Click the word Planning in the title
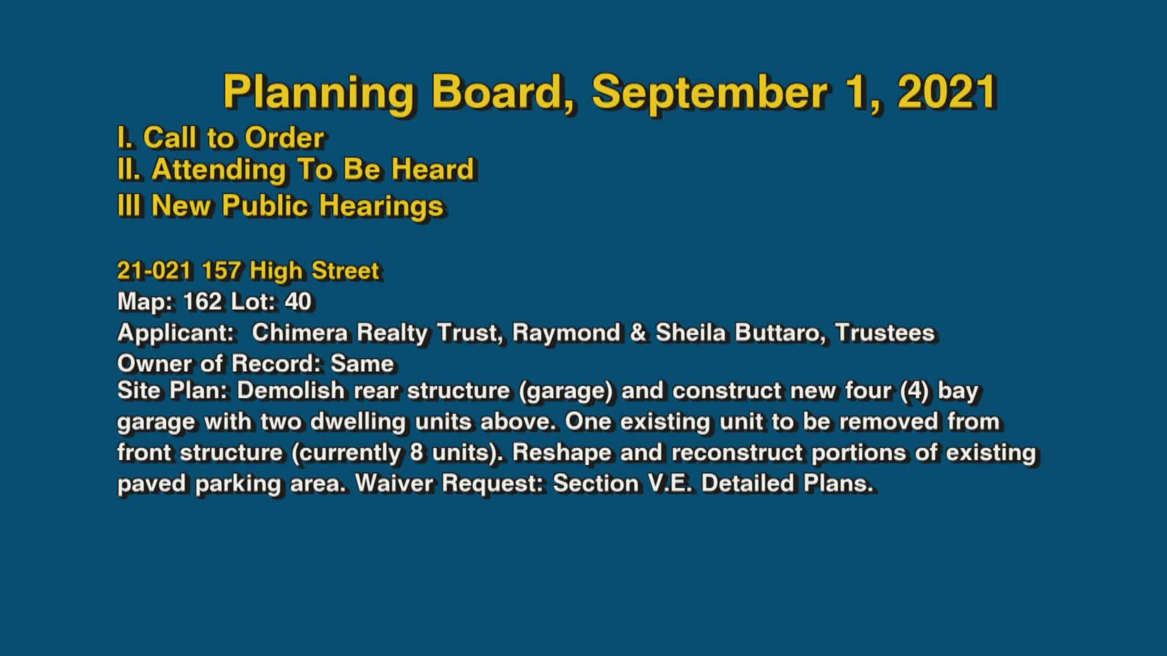coord(318,93)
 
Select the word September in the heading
coord(709,93)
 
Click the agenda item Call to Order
coord(221,138)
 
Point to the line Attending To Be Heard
coord(295,169)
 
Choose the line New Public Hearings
coord(280,205)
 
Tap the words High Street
coord(314,271)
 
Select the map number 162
coord(202,301)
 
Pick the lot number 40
coord(298,301)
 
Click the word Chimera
coord(300,333)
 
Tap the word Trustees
coord(884,333)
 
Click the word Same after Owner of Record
coord(362,364)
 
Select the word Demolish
coord(291,390)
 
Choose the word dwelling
coord(357,422)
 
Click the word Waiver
coord(395,483)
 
